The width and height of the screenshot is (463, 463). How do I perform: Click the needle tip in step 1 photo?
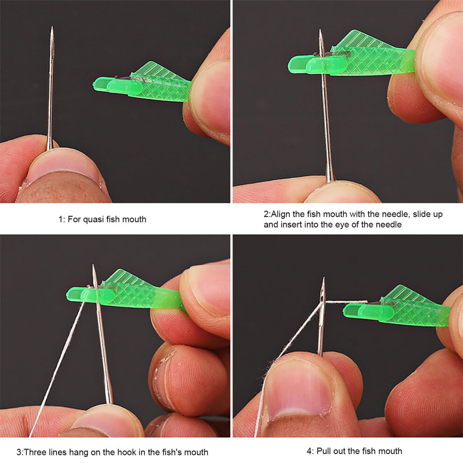[52, 27]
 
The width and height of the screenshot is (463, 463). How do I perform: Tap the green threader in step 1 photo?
[142, 83]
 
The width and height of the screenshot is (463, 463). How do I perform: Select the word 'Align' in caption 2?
[281, 214]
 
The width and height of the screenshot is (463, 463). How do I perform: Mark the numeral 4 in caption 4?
[309, 451]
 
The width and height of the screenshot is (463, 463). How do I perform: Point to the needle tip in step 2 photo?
[320, 30]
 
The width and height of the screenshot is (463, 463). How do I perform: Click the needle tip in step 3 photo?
[94, 265]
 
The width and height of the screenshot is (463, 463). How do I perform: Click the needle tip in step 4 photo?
[324, 278]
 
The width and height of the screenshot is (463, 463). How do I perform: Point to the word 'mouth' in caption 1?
[134, 219]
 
